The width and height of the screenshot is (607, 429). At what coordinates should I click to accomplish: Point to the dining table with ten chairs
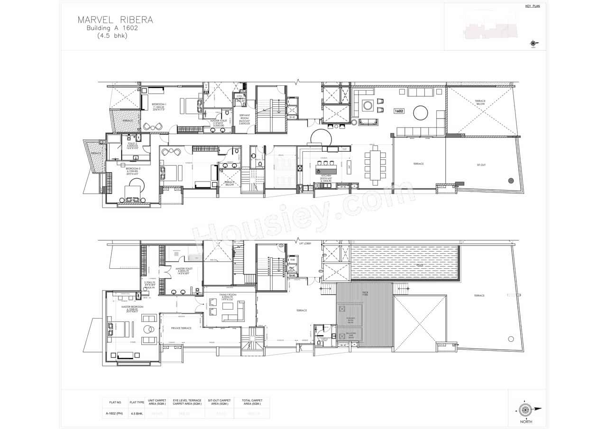(x=375, y=165)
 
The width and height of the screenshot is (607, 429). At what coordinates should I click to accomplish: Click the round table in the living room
(x=420, y=113)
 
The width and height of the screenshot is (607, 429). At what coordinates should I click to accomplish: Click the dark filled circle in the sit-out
(x=511, y=180)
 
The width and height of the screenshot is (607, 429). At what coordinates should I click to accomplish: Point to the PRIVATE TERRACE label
(x=181, y=328)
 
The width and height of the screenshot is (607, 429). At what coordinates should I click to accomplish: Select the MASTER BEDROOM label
(x=132, y=307)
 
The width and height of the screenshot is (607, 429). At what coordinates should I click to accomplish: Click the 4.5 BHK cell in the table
(x=136, y=413)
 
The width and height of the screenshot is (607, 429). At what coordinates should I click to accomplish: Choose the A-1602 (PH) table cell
(x=113, y=413)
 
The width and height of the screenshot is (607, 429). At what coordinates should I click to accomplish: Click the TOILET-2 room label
(x=132, y=143)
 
